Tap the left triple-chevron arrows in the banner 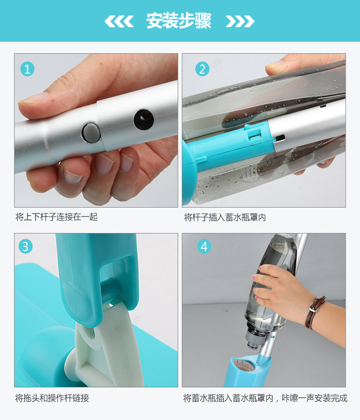pyautogui.click(x=119, y=22)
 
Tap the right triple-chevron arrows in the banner pyautogui.click(x=240, y=22)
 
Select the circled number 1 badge pyautogui.click(x=27, y=69)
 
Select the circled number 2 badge pyautogui.click(x=202, y=69)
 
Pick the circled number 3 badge pyautogui.click(x=25, y=246)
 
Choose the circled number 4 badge pyautogui.click(x=204, y=246)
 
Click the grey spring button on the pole pyautogui.click(x=91, y=132)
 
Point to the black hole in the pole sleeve pyautogui.click(x=144, y=119)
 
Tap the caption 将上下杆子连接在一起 pyautogui.click(x=57, y=217)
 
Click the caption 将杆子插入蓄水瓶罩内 pyautogui.click(x=225, y=217)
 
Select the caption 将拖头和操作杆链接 pyautogui.click(x=52, y=398)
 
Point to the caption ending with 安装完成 pyautogui.click(x=265, y=398)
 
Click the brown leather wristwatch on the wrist pyautogui.click(x=314, y=312)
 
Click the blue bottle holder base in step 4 pyautogui.click(x=247, y=371)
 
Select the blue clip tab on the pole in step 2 pyautogui.click(x=253, y=131)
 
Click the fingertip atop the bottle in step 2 pyautogui.click(x=276, y=67)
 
